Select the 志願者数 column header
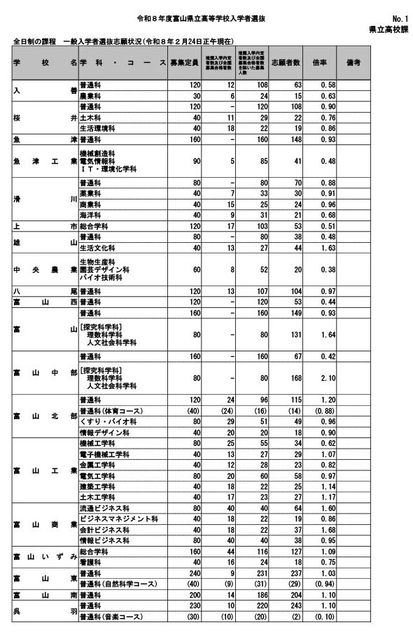(x=284, y=63)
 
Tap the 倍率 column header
(x=319, y=63)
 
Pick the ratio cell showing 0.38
(x=322, y=270)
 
